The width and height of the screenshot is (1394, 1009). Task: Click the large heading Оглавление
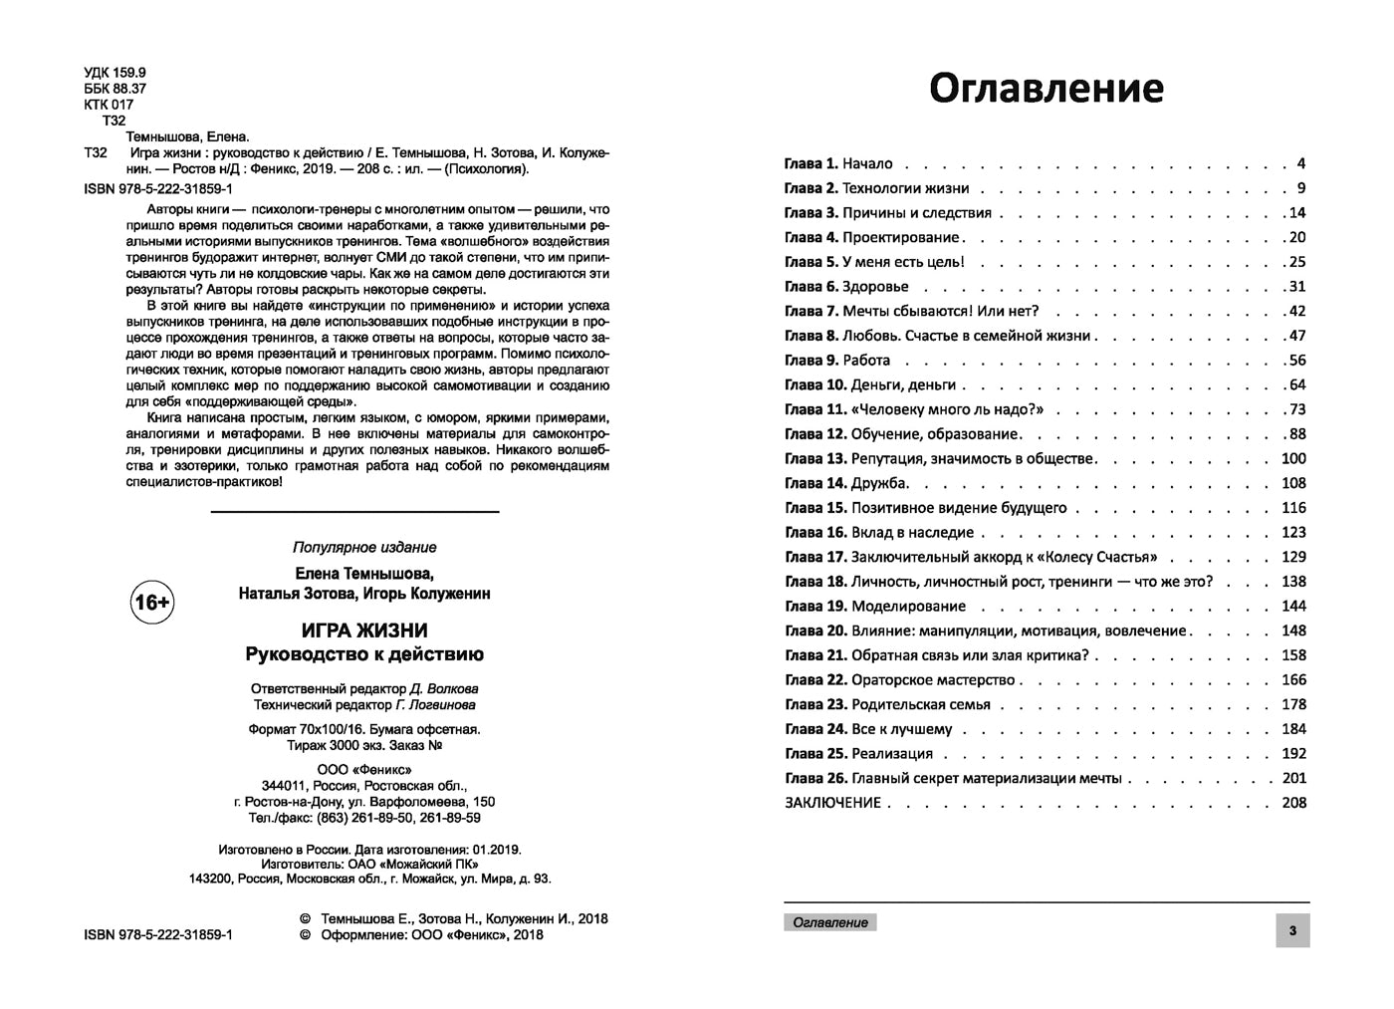1045,89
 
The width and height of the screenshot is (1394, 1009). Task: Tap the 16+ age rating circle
152,603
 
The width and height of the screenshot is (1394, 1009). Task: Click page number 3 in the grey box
1292,931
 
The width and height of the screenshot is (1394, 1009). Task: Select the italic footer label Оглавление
830,922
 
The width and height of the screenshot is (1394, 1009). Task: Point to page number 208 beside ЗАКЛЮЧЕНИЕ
1293,803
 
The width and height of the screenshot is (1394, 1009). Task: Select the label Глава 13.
815,459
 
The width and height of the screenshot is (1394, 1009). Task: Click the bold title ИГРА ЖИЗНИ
364,631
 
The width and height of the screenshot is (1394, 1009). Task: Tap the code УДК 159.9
116,73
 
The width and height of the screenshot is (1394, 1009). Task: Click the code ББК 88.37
116,89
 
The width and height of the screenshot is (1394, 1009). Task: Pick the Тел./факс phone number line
364,818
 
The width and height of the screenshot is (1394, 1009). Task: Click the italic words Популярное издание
364,547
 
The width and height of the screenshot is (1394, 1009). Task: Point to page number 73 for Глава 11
1296,409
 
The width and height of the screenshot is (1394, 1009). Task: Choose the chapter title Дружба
879,483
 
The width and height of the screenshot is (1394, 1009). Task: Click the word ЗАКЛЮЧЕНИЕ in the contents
832,803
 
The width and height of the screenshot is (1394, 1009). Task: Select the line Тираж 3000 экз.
364,745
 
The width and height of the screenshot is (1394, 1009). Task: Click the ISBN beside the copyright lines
160,935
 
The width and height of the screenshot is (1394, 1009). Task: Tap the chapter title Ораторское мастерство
933,680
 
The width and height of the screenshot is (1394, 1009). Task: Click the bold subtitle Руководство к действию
364,654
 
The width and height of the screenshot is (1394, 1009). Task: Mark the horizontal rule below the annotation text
355,512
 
